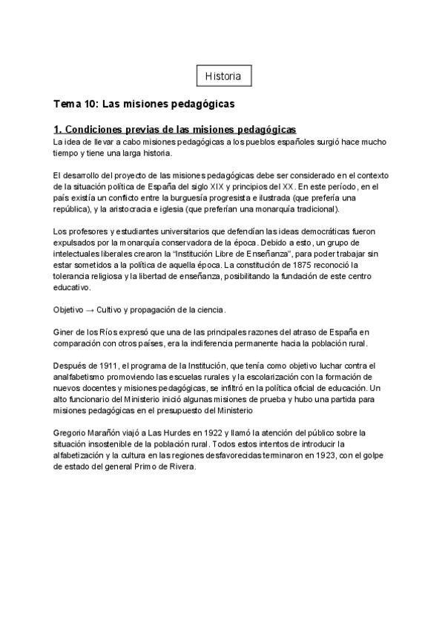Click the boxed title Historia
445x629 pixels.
pos(222,76)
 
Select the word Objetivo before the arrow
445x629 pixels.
pos(68,309)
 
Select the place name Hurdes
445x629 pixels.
pos(191,432)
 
